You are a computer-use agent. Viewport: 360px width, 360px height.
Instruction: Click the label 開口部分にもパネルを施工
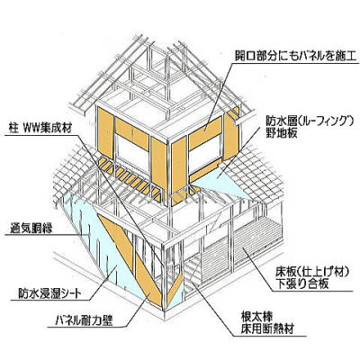pos(295,56)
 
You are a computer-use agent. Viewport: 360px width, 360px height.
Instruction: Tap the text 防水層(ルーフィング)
pos(309,121)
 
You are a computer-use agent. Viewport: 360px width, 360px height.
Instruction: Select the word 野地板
pos(282,132)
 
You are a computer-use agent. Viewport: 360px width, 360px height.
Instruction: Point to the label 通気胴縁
pos(31,229)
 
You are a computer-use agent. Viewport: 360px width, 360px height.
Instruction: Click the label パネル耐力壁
pos(85,320)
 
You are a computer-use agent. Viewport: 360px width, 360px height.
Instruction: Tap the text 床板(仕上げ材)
pos(312,272)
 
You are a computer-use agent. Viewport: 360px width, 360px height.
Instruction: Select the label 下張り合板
pos(302,283)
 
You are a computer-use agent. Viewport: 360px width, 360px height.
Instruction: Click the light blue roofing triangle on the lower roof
pos(223,181)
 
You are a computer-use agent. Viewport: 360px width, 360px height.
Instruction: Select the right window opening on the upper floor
pos(205,155)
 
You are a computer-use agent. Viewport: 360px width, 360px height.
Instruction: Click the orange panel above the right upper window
pos(205,133)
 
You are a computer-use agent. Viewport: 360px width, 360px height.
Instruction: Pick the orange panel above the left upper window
pos(132,134)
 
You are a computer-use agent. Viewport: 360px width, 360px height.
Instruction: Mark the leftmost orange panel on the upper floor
pos(105,133)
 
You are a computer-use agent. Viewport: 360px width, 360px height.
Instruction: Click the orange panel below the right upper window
pos(205,173)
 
